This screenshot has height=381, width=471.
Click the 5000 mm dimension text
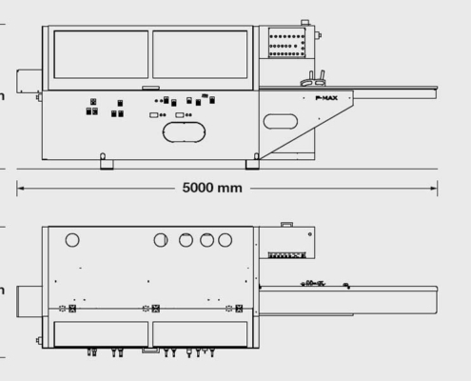(x=212, y=188)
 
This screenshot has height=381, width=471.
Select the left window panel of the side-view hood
(x=101, y=54)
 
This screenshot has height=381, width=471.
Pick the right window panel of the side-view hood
(x=202, y=54)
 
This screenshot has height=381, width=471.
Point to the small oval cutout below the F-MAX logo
(x=281, y=121)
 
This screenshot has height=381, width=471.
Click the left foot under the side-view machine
(x=107, y=165)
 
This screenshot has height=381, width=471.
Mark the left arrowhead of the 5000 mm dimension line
(x=19, y=188)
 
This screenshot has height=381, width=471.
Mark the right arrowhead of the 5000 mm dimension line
(x=435, y=188)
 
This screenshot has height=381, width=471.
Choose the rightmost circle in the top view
(x=226, y=239)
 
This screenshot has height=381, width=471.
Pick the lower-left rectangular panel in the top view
(x=101, y=332)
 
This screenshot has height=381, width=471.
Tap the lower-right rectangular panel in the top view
(x=202, y=332)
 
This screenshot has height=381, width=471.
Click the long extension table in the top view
(x=347, y=300)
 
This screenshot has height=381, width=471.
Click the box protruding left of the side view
(x=29, y=85)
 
